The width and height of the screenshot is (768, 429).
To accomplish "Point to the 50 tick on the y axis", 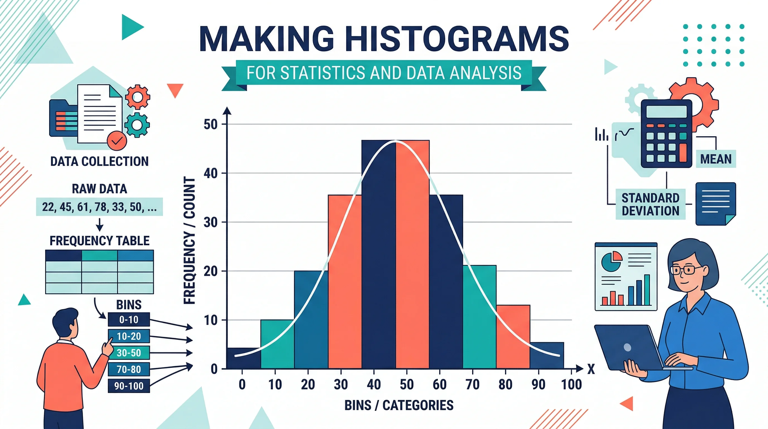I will pos(210,124).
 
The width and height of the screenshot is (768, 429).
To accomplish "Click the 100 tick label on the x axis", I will pos(571,384).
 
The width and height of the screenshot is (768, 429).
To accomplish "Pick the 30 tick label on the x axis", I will pos(341,384).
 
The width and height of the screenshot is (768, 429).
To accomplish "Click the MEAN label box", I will pos(716,159).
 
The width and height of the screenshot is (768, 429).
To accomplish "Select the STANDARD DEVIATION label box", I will pos(650,204).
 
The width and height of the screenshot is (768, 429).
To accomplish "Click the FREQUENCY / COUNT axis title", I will pos(189,240).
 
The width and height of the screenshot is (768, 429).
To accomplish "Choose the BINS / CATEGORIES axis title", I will pos(399,405).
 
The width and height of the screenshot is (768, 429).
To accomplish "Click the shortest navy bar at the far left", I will pos(244,358).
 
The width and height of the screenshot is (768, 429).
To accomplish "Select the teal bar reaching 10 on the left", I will pos(277,344).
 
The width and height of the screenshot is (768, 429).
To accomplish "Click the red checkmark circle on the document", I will pos(117,140).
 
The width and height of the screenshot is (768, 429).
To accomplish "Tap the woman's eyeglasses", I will pos(686,270).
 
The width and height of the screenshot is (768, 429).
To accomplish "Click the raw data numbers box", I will pos(99,207).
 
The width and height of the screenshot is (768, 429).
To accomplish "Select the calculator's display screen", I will pos(666,111).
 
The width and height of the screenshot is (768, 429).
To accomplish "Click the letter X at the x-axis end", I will pos(591,369).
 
